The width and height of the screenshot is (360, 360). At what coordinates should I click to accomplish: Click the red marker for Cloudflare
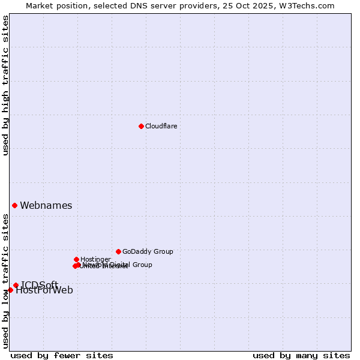tap(141, 126)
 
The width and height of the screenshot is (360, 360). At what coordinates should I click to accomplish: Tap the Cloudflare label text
tap(161, 126)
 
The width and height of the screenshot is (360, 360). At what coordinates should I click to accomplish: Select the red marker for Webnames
tap(14, 205)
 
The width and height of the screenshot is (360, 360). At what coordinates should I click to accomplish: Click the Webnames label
tap(46, 206)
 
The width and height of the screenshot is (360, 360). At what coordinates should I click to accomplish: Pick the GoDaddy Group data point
tap(118, 251)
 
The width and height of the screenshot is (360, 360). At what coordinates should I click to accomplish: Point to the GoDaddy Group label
tap(148, 251)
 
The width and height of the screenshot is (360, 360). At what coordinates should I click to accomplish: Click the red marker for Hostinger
tap(76, 259)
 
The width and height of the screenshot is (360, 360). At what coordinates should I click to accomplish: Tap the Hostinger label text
tap(95, 259)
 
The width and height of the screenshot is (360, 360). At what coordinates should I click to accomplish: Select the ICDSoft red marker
tap(16, 285)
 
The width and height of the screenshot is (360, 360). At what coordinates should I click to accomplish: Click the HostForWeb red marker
tap(10, 290)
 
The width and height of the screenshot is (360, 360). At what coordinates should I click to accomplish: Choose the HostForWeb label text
tap(44, 291)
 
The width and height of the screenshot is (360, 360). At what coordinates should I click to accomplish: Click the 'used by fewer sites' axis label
tap(62, 355)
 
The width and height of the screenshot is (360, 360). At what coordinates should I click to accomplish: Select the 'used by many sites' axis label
tap(301, 355)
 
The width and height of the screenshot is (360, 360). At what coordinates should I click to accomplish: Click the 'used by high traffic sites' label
tap(5, 86)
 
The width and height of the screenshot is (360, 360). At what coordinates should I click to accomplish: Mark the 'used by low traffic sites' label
tap(5, 281)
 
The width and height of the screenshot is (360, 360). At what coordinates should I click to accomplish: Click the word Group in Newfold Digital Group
tap(142, 265)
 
